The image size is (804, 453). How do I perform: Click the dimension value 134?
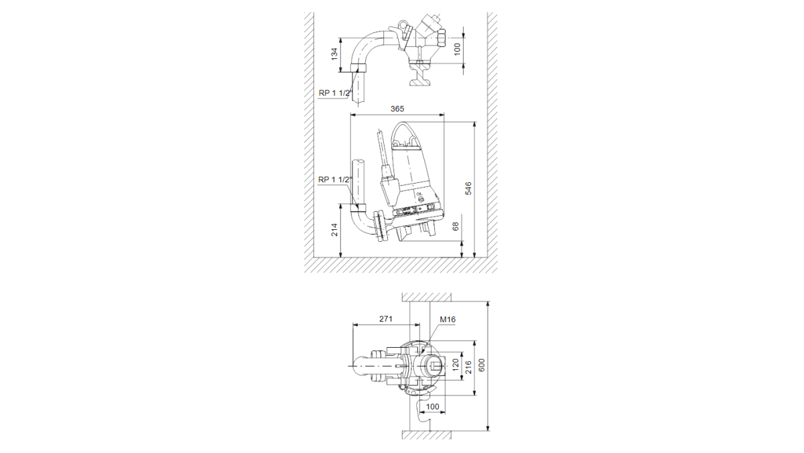point(334,54)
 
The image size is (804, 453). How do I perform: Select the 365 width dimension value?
point(397,109)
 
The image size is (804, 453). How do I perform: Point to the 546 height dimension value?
point(468,188)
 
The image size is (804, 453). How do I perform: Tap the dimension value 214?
point(334,229)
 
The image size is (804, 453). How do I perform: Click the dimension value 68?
point(456,226)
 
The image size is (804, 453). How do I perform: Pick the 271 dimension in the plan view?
point(386,319)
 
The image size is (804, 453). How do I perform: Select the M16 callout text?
point(448,320)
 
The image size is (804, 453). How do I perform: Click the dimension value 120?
point(455,365)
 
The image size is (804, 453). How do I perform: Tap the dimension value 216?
point(468,368)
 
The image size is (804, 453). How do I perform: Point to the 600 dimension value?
point(482,365)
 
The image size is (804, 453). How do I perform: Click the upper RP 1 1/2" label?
point(334,93)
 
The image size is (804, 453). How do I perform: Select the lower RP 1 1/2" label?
point(334,180)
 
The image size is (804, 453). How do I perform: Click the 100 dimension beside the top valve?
point(457,49)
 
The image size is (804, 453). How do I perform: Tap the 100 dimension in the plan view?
point(432,407)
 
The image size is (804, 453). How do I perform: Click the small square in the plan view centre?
point(435,367)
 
